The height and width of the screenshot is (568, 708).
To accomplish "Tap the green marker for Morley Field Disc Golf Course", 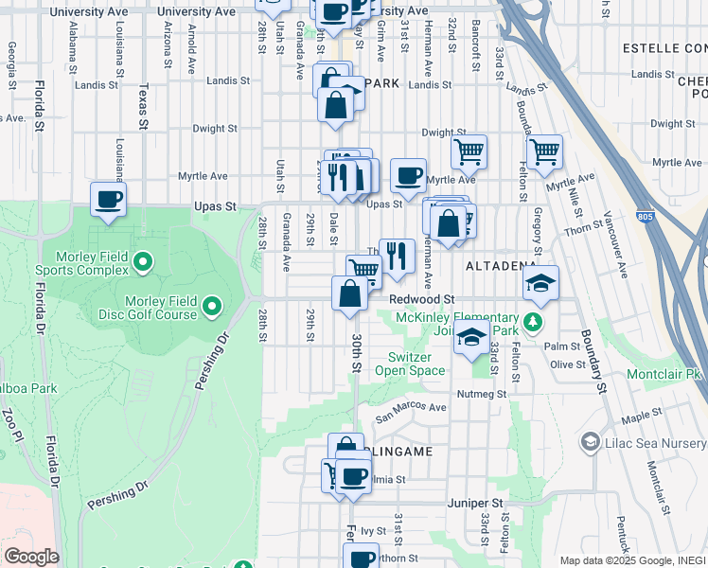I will (x=211, y=305).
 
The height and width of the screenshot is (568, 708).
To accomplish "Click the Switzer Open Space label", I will (x=416, y=364).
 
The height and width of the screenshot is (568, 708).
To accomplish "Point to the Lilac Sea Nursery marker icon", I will (x=591, y=442).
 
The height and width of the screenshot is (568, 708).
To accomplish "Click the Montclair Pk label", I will (x=664, y=375).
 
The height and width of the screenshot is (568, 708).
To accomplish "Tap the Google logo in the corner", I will (x=31, y=557).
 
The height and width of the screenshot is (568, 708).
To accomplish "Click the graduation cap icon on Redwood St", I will (x=541, y=282).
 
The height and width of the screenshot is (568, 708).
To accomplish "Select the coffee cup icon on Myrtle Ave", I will (x=408, y=175).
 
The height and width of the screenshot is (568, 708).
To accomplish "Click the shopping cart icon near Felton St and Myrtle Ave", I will (x=544, y=151).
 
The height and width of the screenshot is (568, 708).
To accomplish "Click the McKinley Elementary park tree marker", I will (x=533, y=322).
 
